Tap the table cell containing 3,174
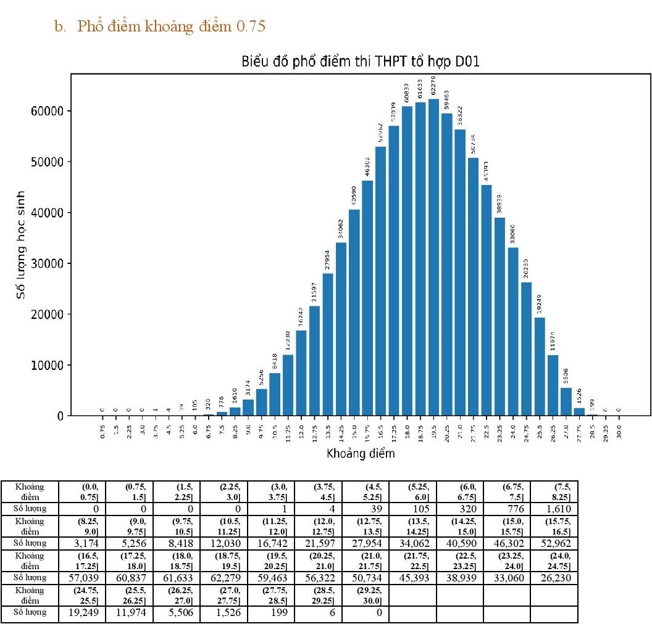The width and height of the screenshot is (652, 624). (83, 544)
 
